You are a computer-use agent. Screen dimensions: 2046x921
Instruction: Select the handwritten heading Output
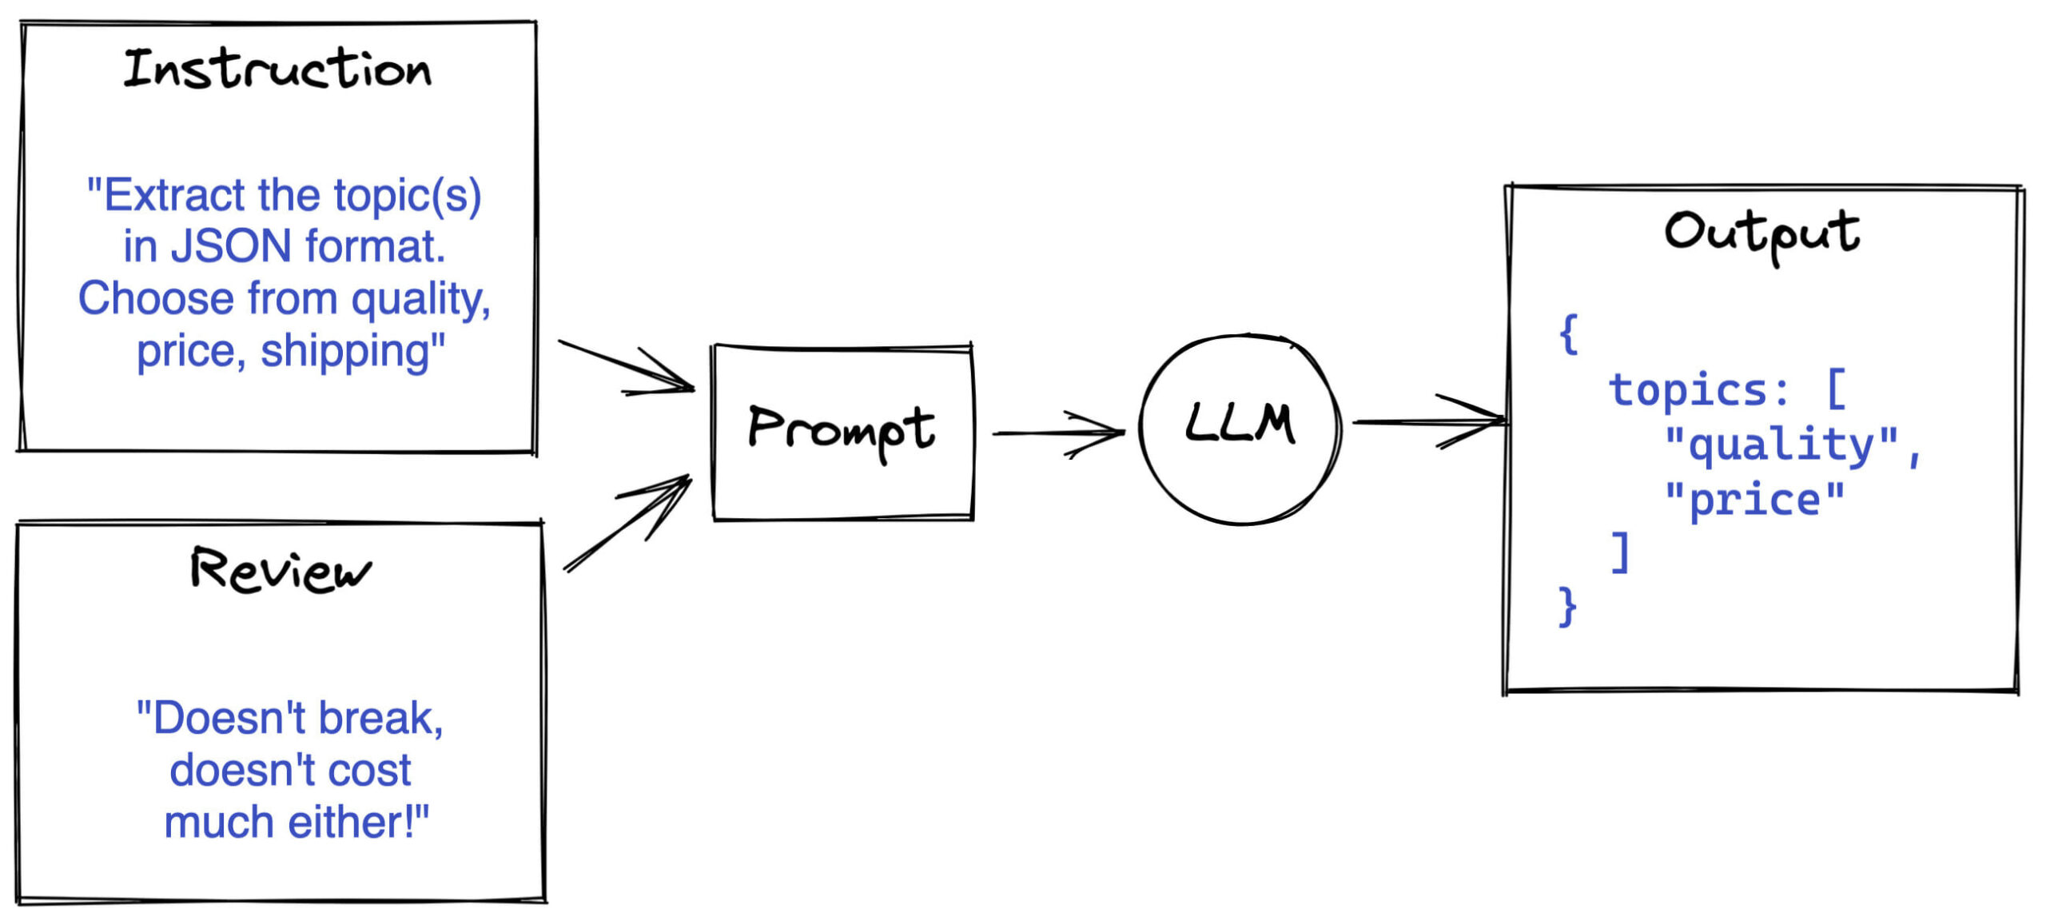(x=1762, y=235)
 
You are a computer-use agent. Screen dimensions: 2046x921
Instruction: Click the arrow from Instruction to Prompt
(x=627, y=366)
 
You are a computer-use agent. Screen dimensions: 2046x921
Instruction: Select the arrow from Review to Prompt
(x=627, y=523)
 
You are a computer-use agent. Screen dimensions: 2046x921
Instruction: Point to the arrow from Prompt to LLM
(x=1058, y=433)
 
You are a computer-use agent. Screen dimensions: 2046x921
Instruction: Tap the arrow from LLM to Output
(x=1429, y=421)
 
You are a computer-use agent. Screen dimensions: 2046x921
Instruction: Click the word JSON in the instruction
(x=231, y=246)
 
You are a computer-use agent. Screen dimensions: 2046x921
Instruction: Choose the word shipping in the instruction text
(x=352, y=351)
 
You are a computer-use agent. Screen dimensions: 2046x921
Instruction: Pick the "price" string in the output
(x=1755, y=500)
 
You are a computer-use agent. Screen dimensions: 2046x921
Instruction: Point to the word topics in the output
(x=1688, y=390)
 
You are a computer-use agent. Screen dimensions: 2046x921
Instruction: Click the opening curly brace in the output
(x=1569, y=334)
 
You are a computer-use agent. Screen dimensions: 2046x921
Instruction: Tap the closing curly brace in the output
(x=1567, y=608)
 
